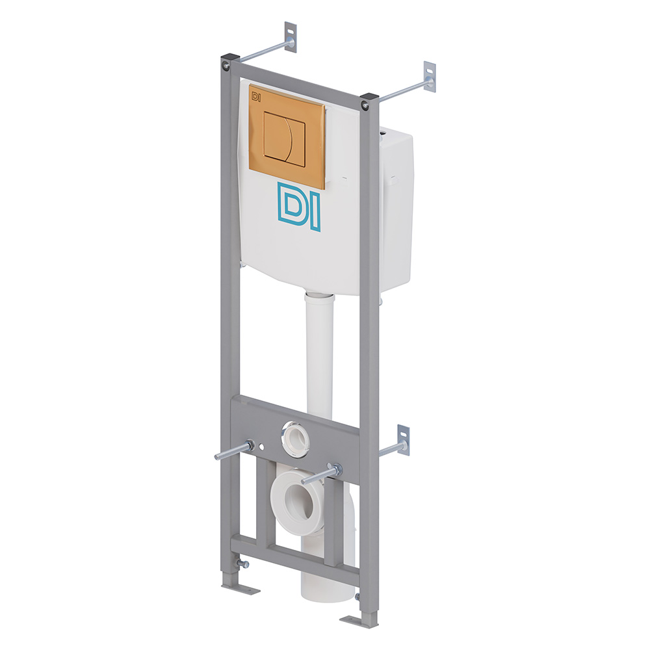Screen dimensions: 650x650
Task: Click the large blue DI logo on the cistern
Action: [x=299, y=205]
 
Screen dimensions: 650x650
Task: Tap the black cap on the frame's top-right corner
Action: [x=369, y=98]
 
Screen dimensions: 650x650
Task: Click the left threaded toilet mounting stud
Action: [x=234, y=450]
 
